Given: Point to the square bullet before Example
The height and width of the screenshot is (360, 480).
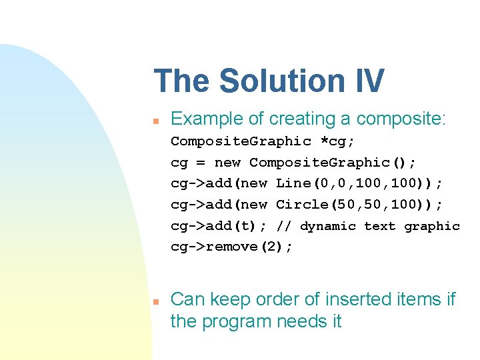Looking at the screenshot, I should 154,121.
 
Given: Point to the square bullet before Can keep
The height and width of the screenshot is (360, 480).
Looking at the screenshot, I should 154,302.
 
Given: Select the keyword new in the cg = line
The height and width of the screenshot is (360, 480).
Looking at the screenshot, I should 228,163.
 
